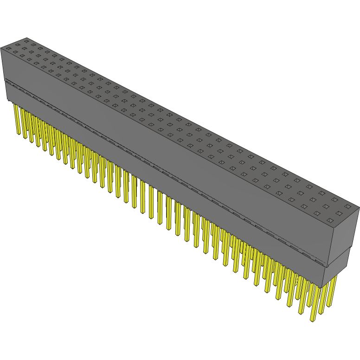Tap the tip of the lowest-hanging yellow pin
312,320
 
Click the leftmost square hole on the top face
8,48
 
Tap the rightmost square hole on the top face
347,206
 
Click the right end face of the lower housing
337,267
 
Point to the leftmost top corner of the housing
1,47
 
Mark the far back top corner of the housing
27,38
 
